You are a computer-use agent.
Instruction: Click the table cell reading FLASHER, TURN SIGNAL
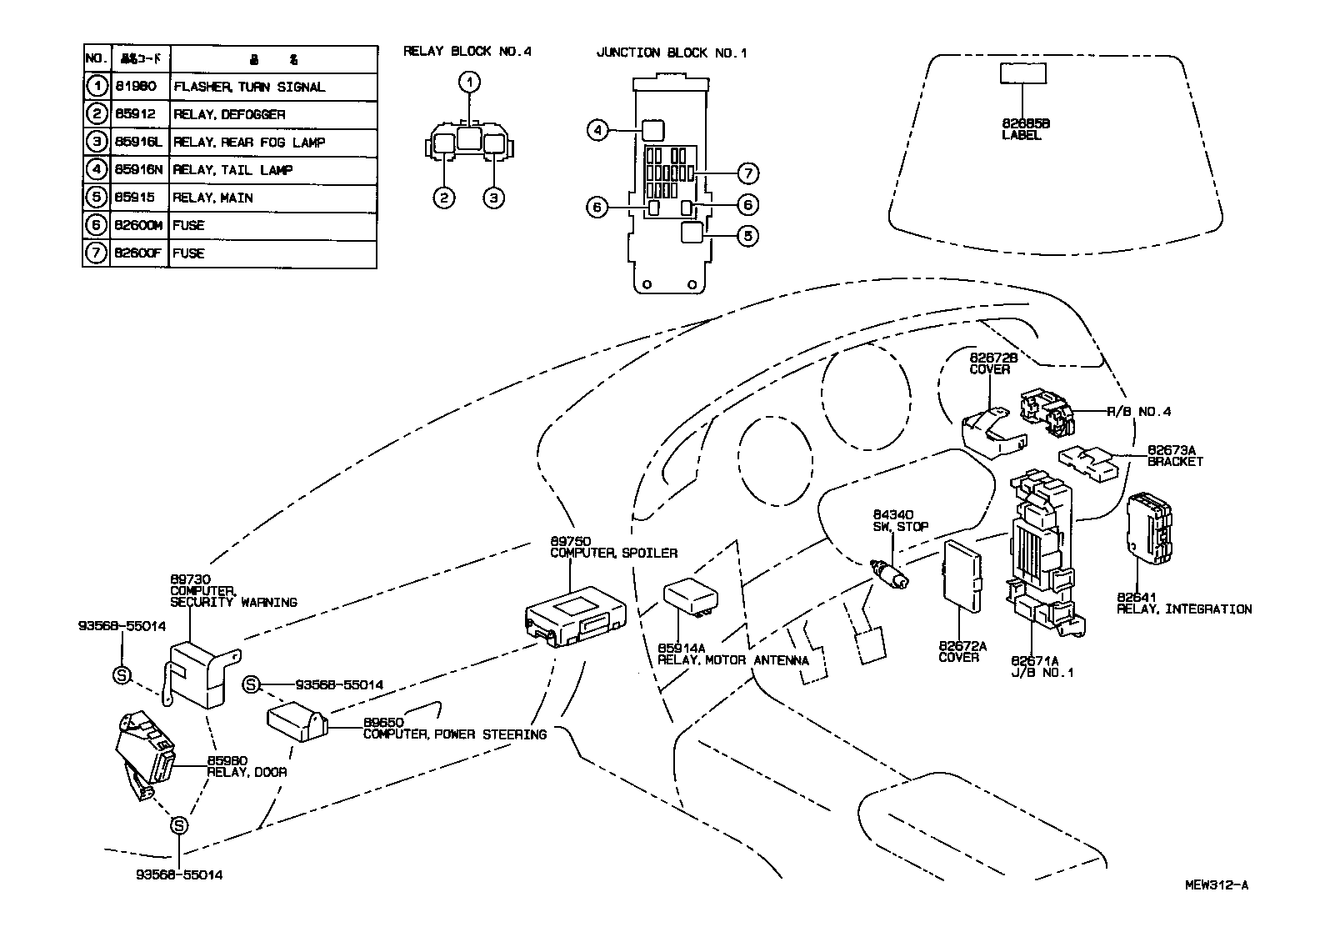(248, 87)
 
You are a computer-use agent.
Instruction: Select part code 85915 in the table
(137, 198)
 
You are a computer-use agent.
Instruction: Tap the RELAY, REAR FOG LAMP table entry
(248, 143)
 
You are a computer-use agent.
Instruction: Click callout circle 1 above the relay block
(471, 82)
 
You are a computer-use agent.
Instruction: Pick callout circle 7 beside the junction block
(747, 173)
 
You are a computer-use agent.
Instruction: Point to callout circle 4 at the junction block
(597, 130)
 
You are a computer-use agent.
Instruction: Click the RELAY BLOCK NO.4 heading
(467, 52)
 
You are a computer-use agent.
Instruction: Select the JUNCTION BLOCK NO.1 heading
(672, 53)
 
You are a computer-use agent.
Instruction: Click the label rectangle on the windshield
(1022, 73)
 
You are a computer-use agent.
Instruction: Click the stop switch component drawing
(890, 574)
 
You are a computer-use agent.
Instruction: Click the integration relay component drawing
(1150, 529)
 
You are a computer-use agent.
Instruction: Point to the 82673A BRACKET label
(1175, 455)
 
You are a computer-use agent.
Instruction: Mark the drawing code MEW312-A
(1217, 885)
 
